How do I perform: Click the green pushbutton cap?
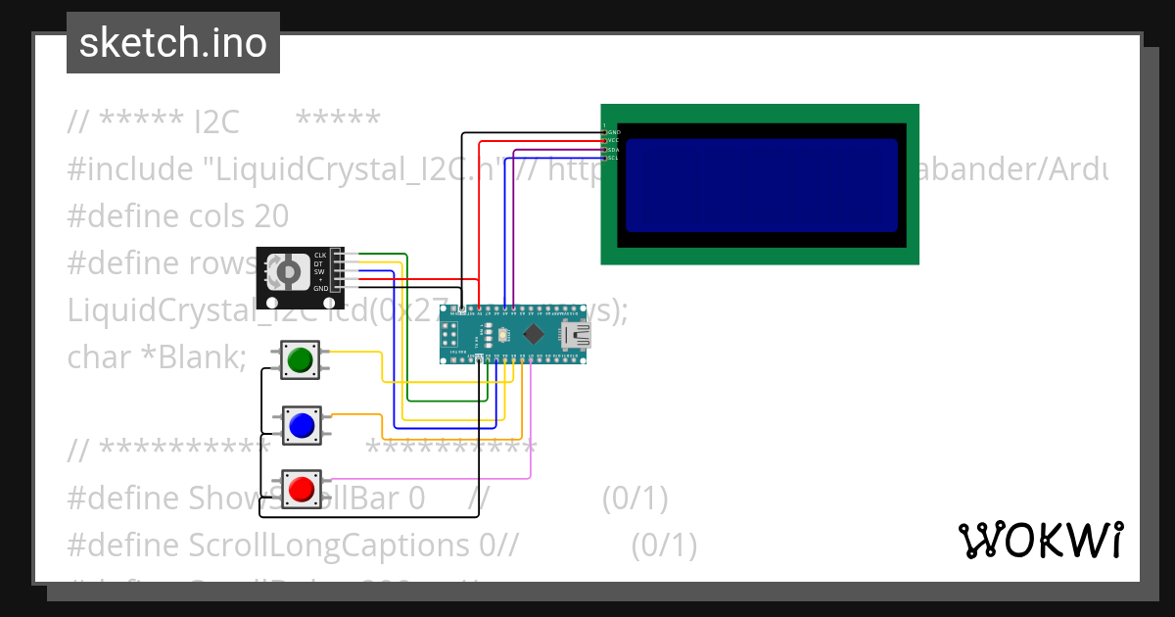click(301, 360)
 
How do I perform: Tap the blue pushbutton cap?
click(301, 425)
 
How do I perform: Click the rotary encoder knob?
click(288, 271)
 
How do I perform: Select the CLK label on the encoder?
click(320, 256)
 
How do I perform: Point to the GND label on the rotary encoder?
click(320, 289)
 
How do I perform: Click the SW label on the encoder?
click(319, 272)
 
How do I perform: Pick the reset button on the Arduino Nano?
click(490, 335)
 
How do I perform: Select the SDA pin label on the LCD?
click(613, 149)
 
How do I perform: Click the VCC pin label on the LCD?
click(613, 140)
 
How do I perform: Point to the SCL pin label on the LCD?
click(613, 158)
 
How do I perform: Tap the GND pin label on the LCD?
click(614, 131)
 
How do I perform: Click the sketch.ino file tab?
click(173, 43)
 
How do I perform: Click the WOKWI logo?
click(1040, 540)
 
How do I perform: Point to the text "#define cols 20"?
click(177, 216)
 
